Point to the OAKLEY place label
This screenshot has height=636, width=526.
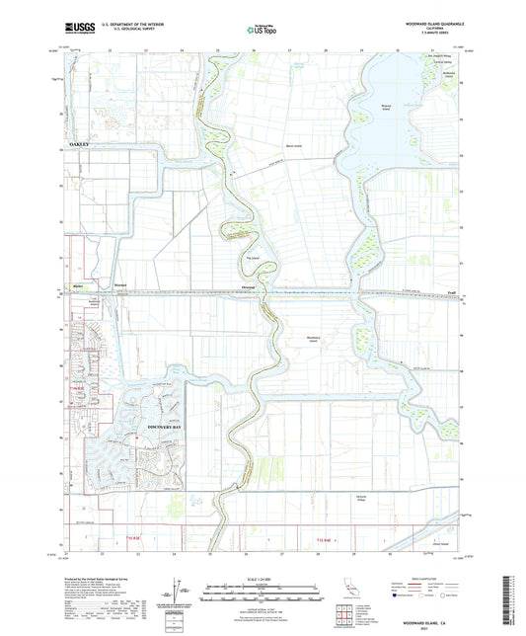coord(80,143)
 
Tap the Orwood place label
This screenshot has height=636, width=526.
coord(249,288)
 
